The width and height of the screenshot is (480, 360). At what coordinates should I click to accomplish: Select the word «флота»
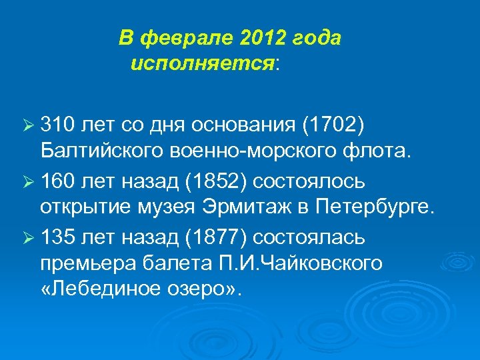[373, 152]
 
